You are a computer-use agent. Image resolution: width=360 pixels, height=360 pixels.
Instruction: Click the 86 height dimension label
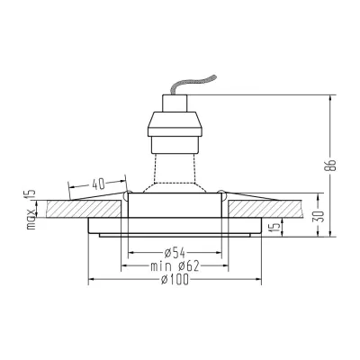330,164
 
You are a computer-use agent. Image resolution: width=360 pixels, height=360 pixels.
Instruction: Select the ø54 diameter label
175,253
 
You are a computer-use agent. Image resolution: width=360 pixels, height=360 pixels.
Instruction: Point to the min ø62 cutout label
175,265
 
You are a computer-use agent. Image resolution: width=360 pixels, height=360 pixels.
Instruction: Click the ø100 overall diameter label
175,280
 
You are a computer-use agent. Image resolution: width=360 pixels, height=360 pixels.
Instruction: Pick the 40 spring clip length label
98,184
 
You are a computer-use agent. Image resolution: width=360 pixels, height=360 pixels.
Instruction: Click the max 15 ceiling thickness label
31,210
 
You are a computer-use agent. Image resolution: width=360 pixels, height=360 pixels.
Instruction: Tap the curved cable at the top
193,85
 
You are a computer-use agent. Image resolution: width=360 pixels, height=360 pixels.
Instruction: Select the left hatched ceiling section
84,209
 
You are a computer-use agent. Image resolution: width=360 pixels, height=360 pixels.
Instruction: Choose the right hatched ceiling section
266,209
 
